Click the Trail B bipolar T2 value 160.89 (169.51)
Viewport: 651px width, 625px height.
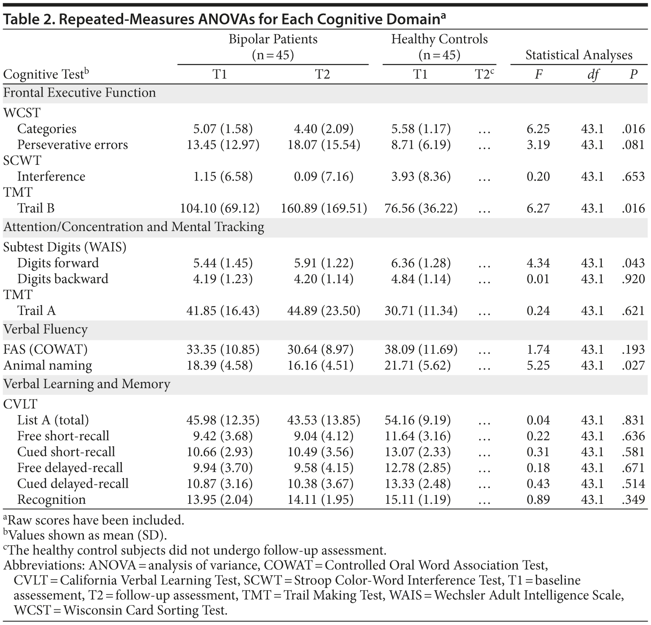pyautogui.click(x=324, y=208)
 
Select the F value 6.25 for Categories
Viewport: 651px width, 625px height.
pyautogui.click(x=538, y=129)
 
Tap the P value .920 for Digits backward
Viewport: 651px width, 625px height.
pyautogui.click(x=633, y=279)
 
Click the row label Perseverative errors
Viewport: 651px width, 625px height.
pyautogui.click(x=72, y=145)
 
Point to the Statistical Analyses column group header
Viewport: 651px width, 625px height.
pyautogui.click(x=579, y=55)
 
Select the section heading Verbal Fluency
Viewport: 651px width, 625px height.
pyautogui.click(x=46, y=330)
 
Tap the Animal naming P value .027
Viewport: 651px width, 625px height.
pyautogui.click(x=633, y=365)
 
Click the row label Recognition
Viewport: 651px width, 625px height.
pyautogui.click(x=51, y=500)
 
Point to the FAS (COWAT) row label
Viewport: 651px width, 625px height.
pyautogui.click(x=46, y=350)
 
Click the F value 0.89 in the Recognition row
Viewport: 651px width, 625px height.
pyautogui.click(x=538, y=500)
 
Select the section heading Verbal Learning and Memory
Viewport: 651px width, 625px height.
pyautogui.click(x=87, y=384)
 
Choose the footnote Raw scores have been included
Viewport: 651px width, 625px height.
pyautogui.click(x=96, y=520)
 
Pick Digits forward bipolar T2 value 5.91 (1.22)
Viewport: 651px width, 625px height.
pyautogui.click(x=324, y=263)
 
